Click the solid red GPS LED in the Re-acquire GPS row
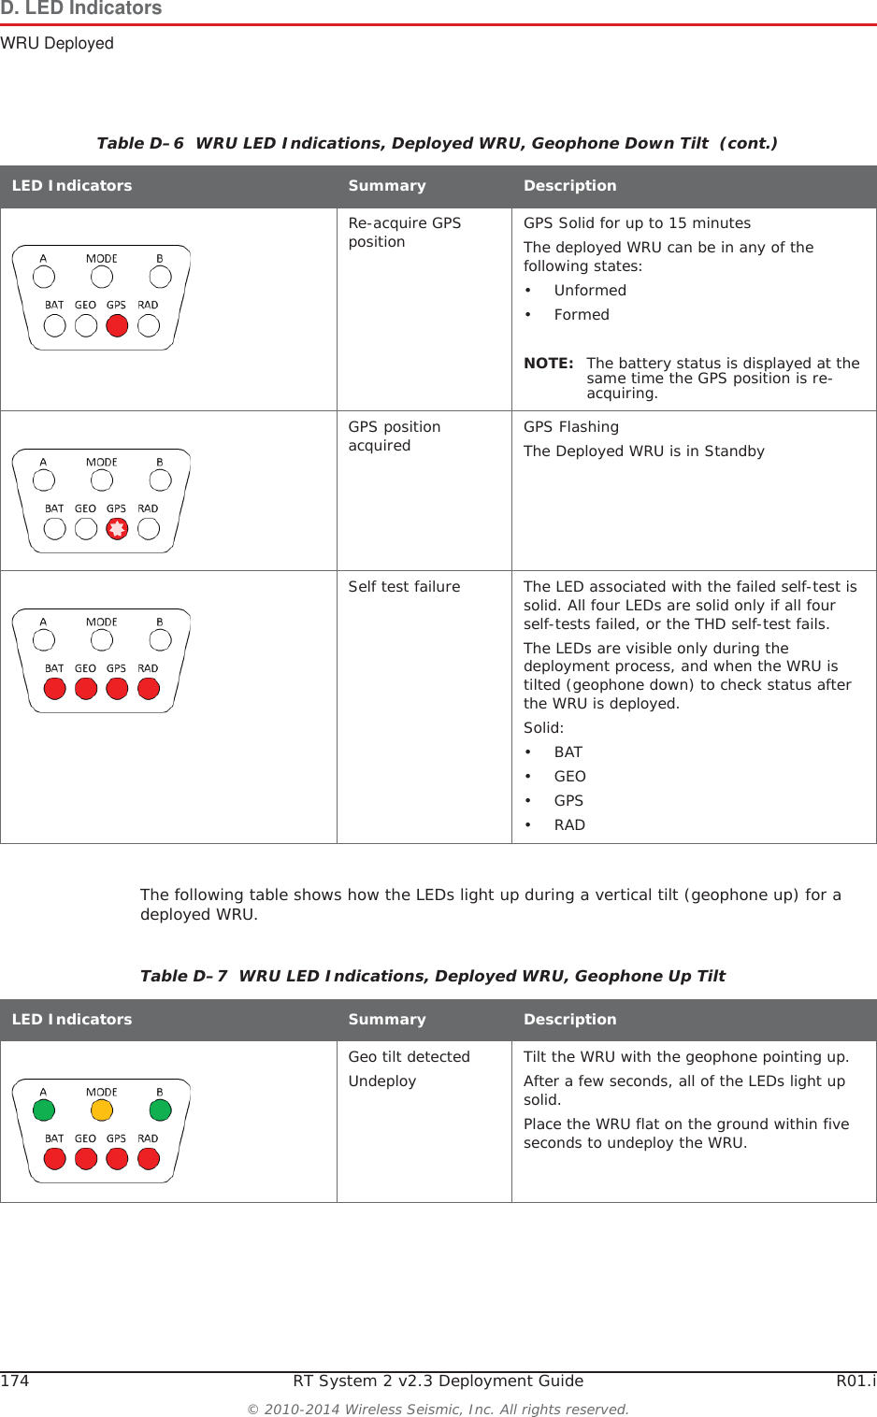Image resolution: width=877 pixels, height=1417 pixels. pos(117,326)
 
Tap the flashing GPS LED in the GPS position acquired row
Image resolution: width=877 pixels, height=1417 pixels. pos(117,529)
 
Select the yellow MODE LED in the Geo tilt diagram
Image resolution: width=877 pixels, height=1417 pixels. pos(102,1110)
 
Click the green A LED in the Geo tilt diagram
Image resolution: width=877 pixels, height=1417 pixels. pos(44,1110)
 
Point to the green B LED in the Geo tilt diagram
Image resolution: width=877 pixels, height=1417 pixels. pos(161,1110)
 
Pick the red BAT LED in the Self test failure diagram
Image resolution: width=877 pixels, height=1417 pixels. pos(55,689)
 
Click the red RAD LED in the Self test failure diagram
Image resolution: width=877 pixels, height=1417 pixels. pos(149,689)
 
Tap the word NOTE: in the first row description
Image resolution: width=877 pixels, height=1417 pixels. pos(548,364)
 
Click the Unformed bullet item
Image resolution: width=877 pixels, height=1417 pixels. pos(590,291)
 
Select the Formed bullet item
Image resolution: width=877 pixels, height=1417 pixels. pos(582,315)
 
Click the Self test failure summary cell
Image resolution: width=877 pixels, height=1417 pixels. pos(404,587)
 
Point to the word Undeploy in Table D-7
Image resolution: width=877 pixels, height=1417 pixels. pos(382,1081)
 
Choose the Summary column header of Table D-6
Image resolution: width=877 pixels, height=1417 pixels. pos(387,186)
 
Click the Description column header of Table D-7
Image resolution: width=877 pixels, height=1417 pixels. pos(569,1020)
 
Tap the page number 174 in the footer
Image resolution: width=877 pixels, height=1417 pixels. pos(15,1381)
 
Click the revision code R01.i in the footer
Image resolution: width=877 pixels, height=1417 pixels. pos(855,1381)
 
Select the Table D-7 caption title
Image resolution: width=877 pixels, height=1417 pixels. pos(432,976)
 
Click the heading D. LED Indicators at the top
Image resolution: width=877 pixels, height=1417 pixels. pos(81,9)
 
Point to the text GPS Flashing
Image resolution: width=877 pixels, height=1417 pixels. pos(570,427)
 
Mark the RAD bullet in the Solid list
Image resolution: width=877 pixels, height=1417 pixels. pos(569,825)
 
